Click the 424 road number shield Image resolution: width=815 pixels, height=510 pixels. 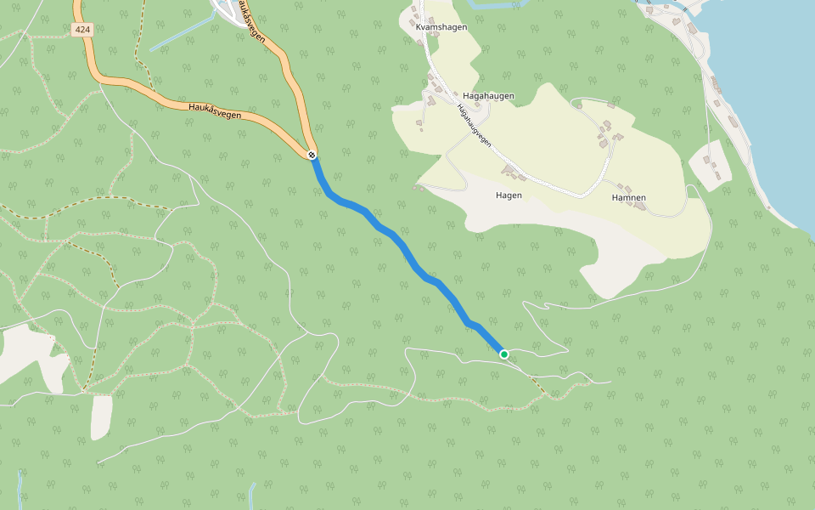tap(81, 30)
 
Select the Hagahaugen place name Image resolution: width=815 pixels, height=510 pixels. tap(488, 96)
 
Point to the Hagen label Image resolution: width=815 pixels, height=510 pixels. tap(509, 195)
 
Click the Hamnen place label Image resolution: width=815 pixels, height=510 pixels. tap(628, 198)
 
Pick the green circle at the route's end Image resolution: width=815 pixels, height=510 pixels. tap(503, 354)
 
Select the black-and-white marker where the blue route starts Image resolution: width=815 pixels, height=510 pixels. tap(312, 155)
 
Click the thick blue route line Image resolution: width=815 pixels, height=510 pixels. tap(399, 243)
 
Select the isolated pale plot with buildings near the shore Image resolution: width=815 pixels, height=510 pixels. tap(711, 167)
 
